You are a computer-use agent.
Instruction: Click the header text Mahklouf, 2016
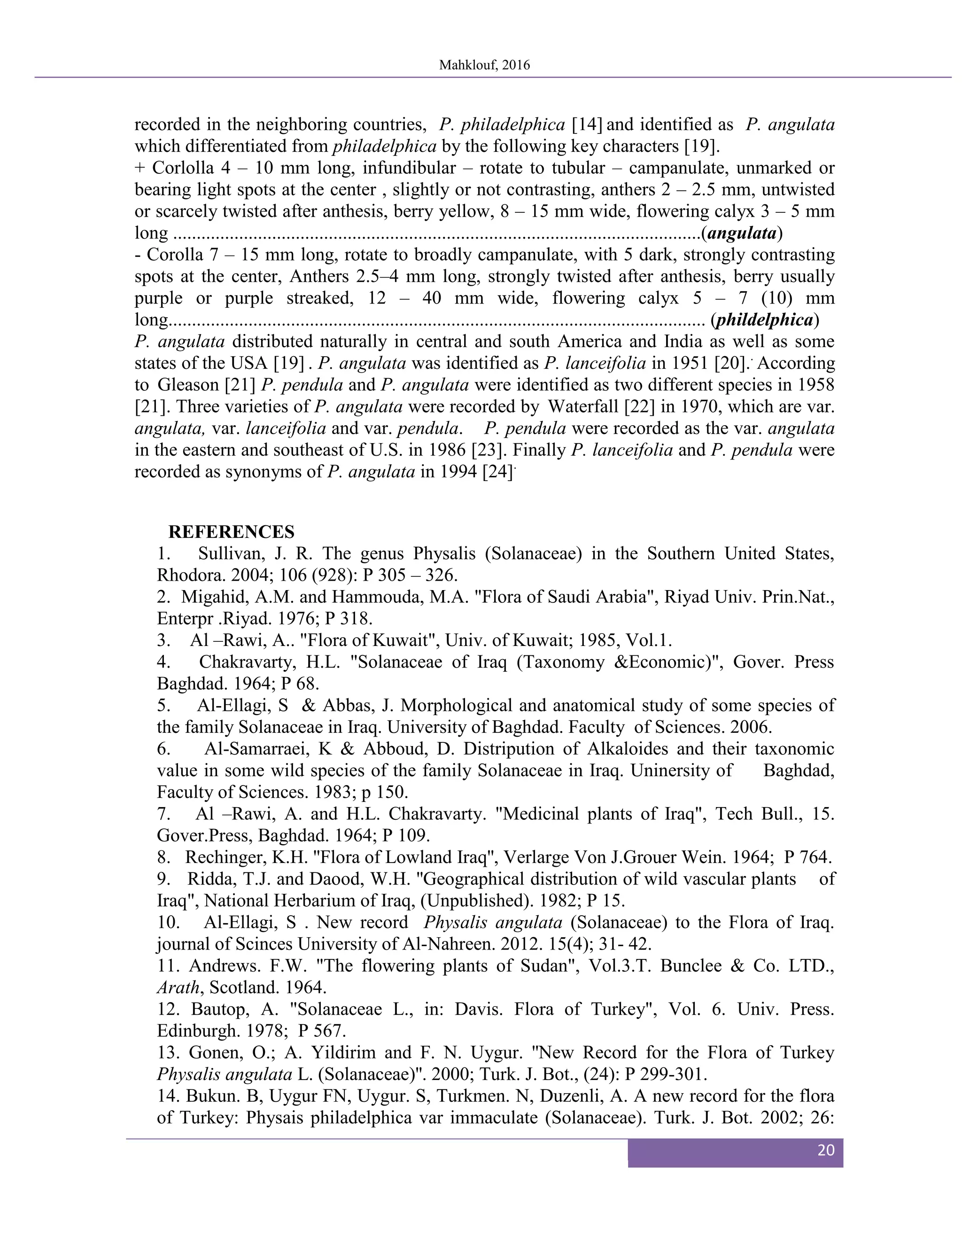484,65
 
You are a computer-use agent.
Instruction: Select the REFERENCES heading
232,532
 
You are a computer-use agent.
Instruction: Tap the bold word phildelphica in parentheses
764,320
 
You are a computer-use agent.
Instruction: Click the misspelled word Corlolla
183,168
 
